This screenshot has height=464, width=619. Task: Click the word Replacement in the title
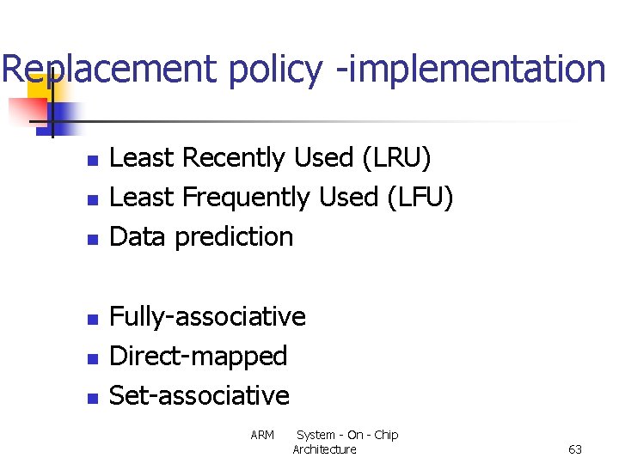click(x=110, y=69)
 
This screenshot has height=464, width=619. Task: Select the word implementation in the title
click(x=472, y=69)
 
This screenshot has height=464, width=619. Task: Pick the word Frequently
click(x=245, y=198)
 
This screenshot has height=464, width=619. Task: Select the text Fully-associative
click(x=207, y=317)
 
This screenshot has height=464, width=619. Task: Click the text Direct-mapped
click(x=198, y=356)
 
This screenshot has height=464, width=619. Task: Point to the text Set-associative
click(x=199, y=395)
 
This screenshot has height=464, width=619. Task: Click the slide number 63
click(x=575, y=449)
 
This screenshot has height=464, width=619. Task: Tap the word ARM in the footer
click(x=262, y=435)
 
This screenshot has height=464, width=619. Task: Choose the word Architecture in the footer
click(x=324, y=449)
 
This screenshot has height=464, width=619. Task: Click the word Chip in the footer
click(x=386, y=435)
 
